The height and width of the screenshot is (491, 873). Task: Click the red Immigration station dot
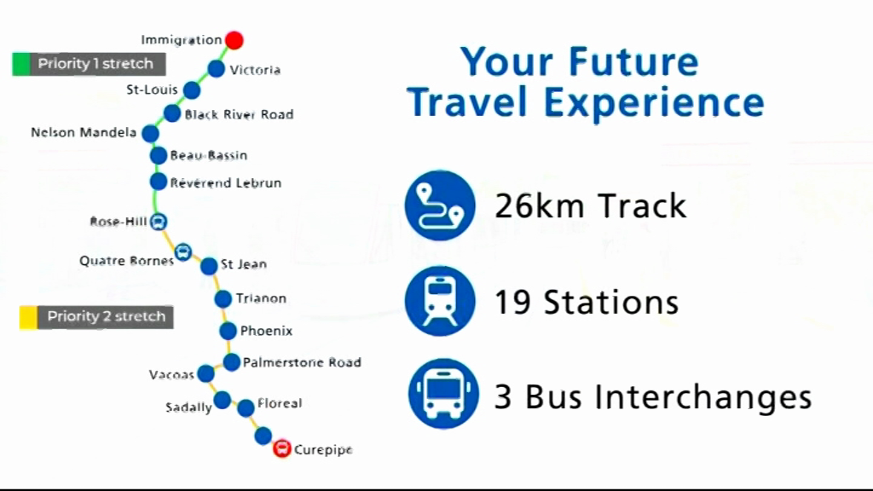tap(234, 40)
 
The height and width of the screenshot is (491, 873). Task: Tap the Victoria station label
tap(255, 70)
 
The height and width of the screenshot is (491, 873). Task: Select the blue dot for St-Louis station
tap(192, 90)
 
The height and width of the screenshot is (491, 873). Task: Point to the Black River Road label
tap(239, 115)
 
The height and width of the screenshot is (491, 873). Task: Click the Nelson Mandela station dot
tap(150, 134)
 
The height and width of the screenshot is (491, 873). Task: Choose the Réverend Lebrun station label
tap(225, 183)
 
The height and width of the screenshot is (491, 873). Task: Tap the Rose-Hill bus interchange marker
tap(159, 222)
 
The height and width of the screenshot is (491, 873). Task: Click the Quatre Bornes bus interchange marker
tap(183, 252)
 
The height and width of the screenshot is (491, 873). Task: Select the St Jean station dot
tap(209, 266)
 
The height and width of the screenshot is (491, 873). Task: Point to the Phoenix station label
tap(266, 332)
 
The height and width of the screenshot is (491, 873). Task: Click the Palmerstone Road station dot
tap(232, 362)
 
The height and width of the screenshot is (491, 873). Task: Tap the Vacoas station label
tap(171, 375)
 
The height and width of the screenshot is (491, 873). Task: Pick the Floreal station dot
tap(246, 408)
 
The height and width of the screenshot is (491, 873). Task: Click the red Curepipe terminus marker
tap(282, 448)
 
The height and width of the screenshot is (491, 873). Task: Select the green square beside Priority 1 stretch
tap(21, 64)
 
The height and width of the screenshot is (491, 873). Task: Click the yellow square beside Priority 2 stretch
tap(28, 317)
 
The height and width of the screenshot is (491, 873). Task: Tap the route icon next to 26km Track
tap(440, 205)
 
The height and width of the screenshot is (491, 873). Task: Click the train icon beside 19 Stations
tap(440, 301)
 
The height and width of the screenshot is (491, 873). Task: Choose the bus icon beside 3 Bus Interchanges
tap(443, 394)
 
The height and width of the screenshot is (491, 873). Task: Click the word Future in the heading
tap(633, 61)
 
